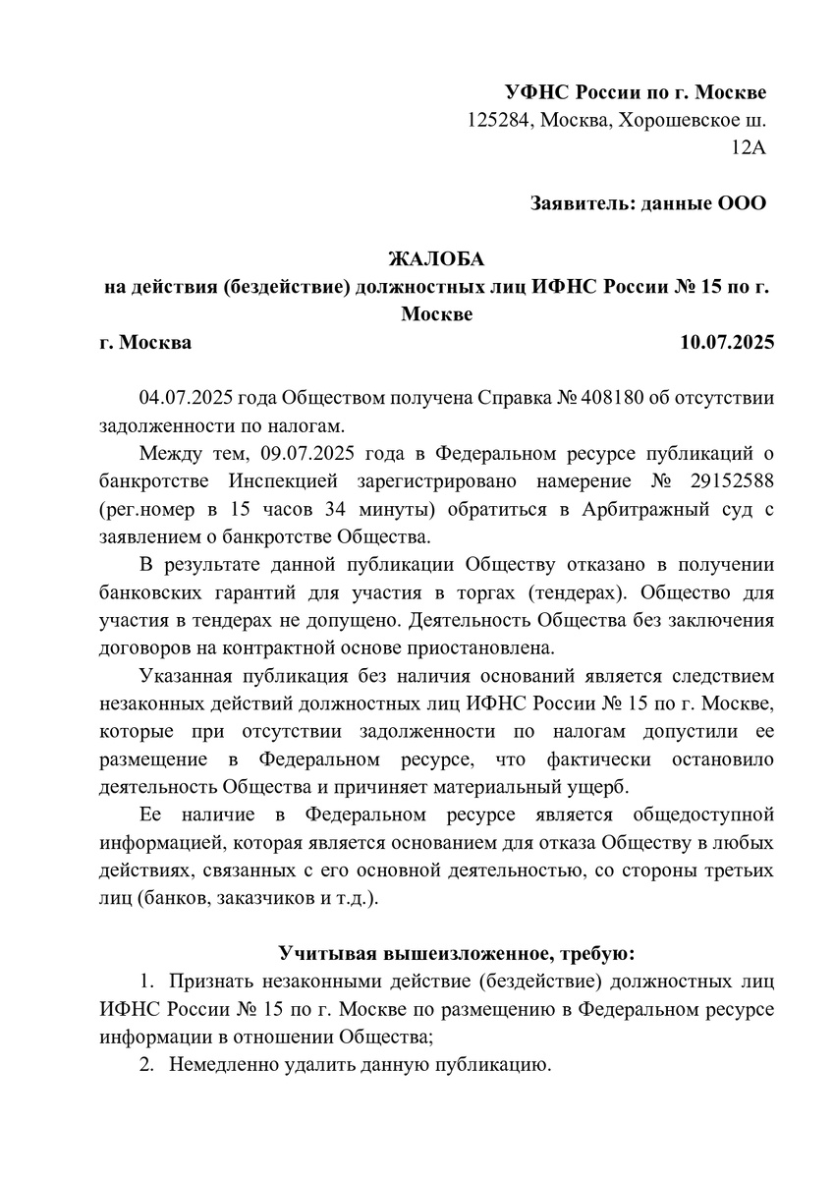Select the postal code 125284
(x=499, y=121)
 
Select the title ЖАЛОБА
(x=436, y=260)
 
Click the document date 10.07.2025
(x=727, y=343)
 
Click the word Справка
(x=528, y=399)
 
